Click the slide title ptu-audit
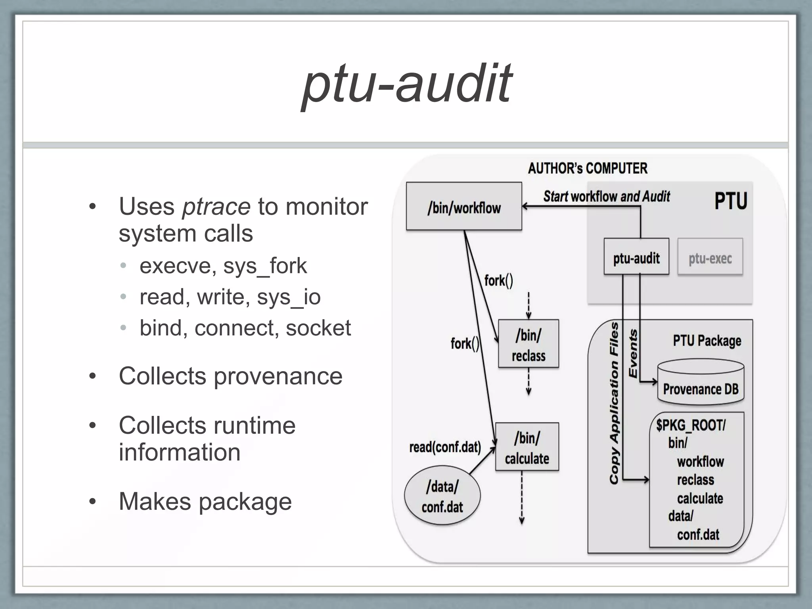(406, 84)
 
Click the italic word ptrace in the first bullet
(216, 207)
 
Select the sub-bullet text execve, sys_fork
(223, 266)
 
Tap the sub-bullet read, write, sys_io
(230, 297)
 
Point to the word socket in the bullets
(318, 328)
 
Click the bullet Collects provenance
(230, 376)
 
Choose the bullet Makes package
(205, 501)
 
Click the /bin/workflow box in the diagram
(463, 207)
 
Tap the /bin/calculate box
(527, 447)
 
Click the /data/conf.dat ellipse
(442, 496)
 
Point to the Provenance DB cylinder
(701, 383)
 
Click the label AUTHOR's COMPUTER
(587, 169)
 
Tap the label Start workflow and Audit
(606, 197)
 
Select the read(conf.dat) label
(445, 447)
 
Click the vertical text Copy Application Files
(614, 403)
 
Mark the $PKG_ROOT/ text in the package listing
(690, 425)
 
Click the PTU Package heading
(707, 341)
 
